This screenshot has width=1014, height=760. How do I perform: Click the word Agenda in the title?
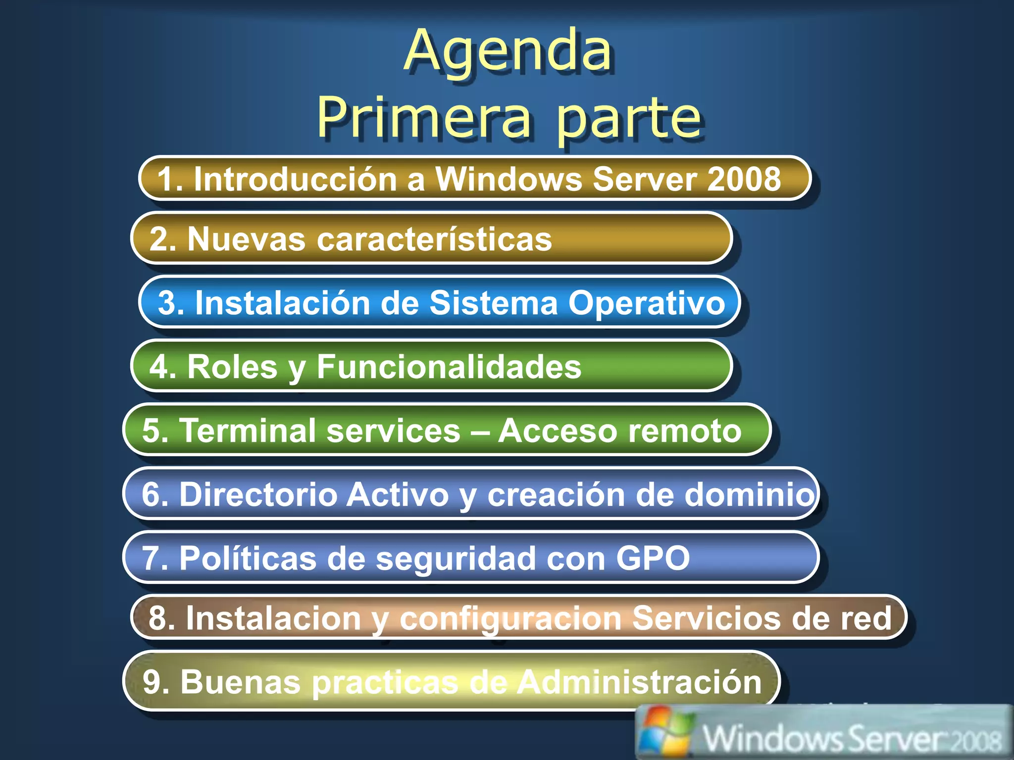point(508,51)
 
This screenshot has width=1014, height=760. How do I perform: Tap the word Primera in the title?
point(424,117)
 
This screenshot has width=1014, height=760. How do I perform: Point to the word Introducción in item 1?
point(295,179)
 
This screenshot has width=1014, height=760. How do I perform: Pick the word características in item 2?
point(434,239)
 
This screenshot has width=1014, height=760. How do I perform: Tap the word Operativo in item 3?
point(647,302)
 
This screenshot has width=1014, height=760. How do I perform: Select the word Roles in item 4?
point(232,367)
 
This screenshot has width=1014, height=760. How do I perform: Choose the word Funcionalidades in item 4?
point(449,367)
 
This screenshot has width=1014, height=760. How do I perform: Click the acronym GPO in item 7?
point(653,558)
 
